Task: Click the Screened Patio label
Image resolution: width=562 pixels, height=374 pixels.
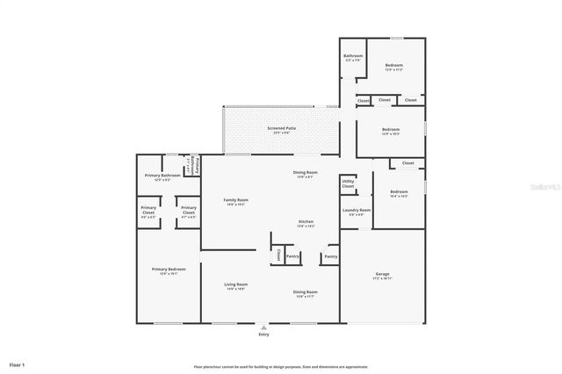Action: pyautogui.click(x=281, y=129)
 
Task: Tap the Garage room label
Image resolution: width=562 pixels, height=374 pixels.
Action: pyautogui.click(x=382, y=275)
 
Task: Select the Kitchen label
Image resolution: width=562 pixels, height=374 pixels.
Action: pyautogui.click(x=306, y=222)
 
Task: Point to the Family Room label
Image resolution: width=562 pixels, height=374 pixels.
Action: pyautogui.click(x=236, y=201)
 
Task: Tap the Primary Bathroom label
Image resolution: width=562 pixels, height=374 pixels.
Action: pyautogui.click(x=162, y=176)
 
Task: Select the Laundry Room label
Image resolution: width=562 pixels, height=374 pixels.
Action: pyautogui.click(x=356, y=212)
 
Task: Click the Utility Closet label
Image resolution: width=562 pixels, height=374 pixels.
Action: pyautogui.click(x=348, y=184)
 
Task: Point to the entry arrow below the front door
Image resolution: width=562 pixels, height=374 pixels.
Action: pyautogui.click(x=264, y=327)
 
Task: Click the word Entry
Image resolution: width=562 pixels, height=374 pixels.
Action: pyautogui.click(x=264, y=334)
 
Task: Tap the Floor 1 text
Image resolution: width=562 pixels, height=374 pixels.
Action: pyautogui.click(x=18, y=363)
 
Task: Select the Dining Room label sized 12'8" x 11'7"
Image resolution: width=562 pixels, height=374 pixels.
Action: pyautogui.click(x=305, y=293)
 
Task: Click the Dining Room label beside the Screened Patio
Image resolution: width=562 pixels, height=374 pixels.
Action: pyautogui.click(x=305, y=173)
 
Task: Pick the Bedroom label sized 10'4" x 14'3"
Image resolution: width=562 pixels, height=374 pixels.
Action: pyautogui.click(x=399, y=193)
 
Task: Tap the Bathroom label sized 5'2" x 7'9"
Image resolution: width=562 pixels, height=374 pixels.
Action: pyautogui.click(x=352, y=58)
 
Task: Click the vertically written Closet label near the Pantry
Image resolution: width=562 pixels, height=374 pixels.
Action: pyautogui.click(x=278, y=255)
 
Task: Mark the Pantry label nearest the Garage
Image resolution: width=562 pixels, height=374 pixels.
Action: pyautogui.click(x=329, y=256)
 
